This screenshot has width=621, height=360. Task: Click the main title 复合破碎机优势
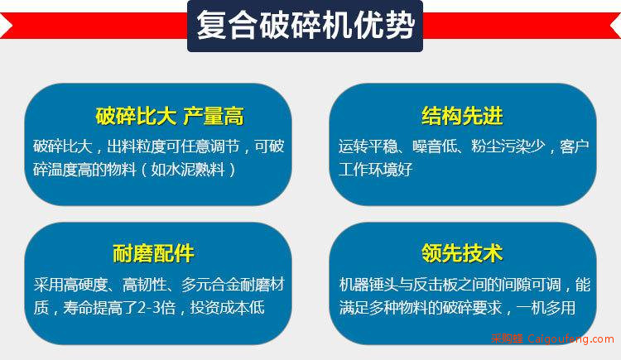306,26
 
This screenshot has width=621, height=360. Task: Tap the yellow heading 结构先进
462,116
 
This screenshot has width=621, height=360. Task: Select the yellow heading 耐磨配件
153,253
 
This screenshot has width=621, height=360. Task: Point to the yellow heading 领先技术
462,253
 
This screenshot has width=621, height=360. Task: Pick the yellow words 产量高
213,117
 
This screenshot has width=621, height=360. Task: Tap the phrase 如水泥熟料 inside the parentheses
188,170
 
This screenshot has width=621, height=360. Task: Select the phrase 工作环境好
375,170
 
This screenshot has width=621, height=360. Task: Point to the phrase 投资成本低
228,308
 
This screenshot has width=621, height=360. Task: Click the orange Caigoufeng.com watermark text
571,339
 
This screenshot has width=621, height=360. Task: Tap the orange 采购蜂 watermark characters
508,339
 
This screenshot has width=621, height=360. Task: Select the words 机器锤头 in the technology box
368,285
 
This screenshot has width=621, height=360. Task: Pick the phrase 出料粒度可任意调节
174,146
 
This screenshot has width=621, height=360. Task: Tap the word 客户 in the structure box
575,146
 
